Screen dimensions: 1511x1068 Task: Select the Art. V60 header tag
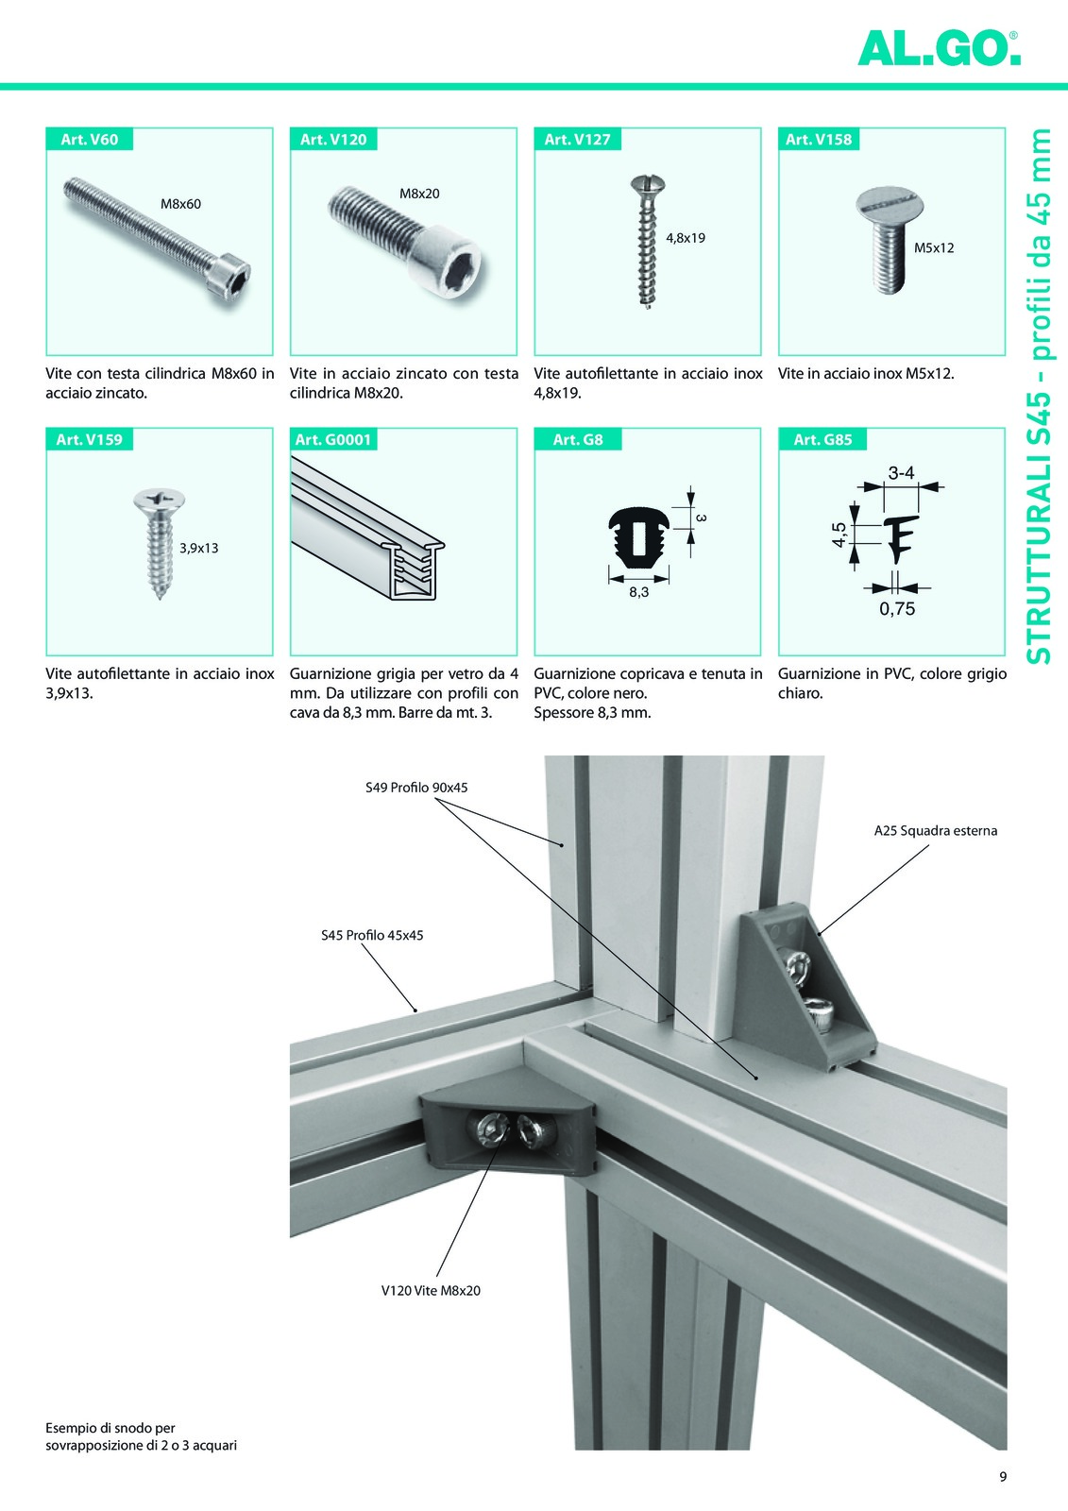click(x=90, y=140)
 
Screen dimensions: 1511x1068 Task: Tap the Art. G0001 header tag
click(x=334, y=440)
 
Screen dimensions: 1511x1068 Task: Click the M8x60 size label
click(x=180, y=204)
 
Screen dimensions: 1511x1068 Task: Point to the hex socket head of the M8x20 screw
click(x=450, y=264)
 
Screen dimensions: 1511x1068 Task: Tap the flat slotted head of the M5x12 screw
click(x=892, y=202)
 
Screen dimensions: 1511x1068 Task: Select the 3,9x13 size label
click(x=199, y=548)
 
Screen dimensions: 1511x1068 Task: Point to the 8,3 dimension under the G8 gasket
click(x=638, y=592)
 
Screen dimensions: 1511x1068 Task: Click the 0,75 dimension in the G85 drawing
click(x=897, y=609)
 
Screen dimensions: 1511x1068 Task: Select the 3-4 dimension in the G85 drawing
click(x=901, y=473)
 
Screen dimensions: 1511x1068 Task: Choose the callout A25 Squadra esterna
click(x=935, y=831)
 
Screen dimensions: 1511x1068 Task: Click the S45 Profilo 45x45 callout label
click(x=372, y=936)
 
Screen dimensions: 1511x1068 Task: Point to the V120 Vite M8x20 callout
click(x=431, y=1290)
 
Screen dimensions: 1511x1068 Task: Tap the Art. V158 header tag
click(x=819, y=140)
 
